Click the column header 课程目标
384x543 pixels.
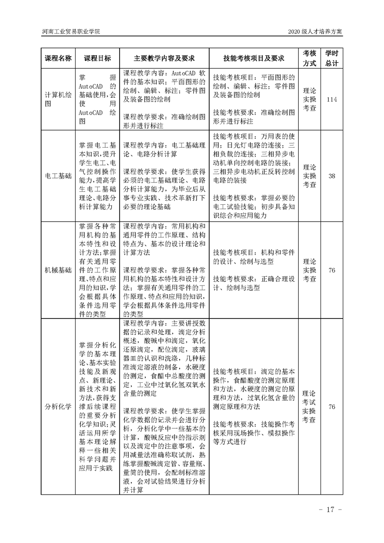click(x=97, y=58)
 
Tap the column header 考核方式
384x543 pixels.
click(x=309, y=58)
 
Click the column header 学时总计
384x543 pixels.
click(x=332, y=58)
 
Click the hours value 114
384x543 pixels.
click(x=332, y=99)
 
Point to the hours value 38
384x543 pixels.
click(x=332, y=176)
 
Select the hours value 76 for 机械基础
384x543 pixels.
click(x=332, y=270)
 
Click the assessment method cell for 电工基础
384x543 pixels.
click(x=309, y=176)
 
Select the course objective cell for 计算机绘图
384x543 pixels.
click(x=97, y=99)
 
